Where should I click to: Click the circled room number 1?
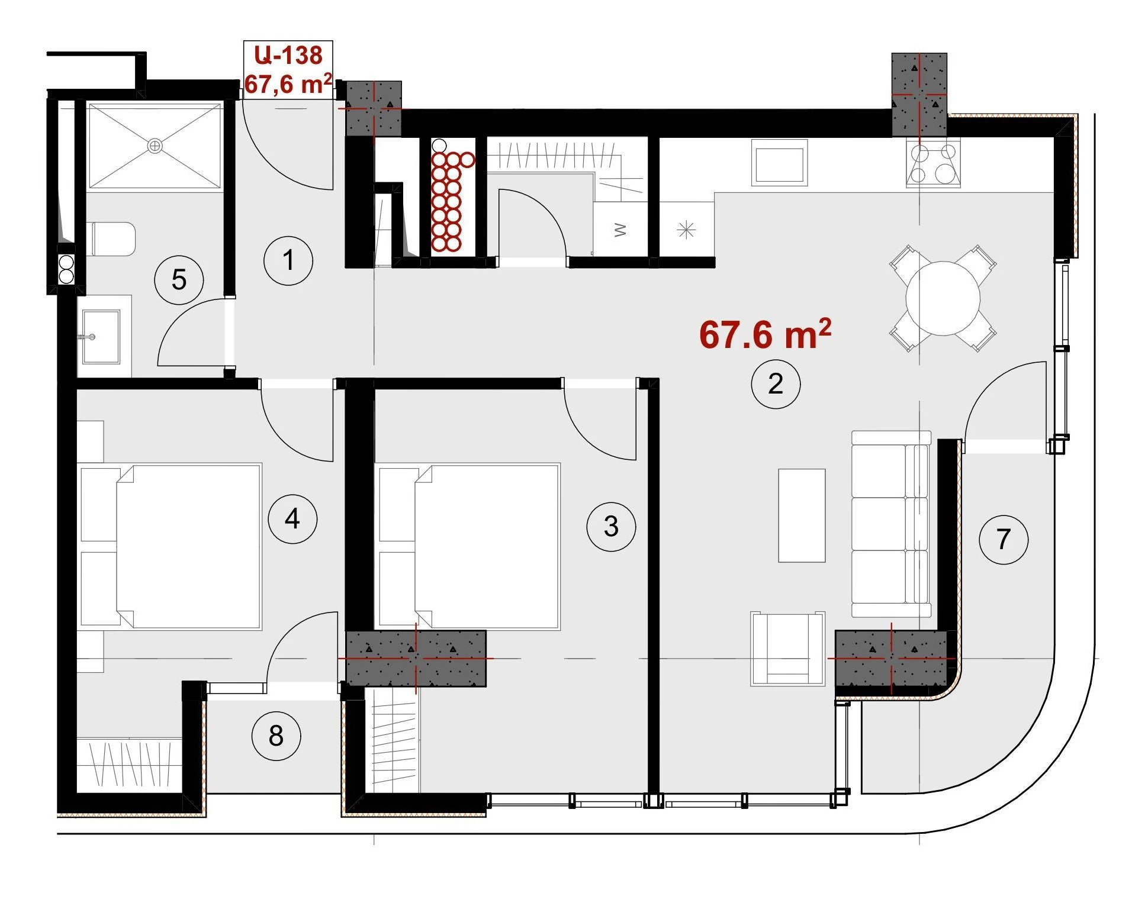click(x=288, y=260)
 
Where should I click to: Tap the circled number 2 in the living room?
click(x=776, y=384)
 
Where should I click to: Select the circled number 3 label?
click(x=611, y=527)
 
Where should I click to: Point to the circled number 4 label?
click(x=292, y=520)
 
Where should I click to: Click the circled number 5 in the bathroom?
click(x=179, y=280)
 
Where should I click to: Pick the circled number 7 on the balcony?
click(x=1004, y=539)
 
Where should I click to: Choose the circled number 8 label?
click(x=276, y=736)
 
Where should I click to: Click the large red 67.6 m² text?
click(x=765, y=334)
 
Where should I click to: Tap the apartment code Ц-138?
click(x=288, y=55)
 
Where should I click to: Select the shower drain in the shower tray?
click(x=155, y=145)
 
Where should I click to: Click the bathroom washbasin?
click(x=101, y=337)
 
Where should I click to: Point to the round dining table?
click(x=943, y=298)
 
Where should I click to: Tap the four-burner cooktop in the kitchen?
click(x=932, y=163)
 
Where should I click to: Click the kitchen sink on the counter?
click(x=779, y=163)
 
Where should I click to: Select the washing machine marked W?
click(x=620, y=230)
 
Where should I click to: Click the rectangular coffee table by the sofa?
click(x=802, y=515)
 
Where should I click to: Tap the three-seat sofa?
click(x=891, y=524)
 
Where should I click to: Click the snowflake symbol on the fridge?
click(x=686, y=230)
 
